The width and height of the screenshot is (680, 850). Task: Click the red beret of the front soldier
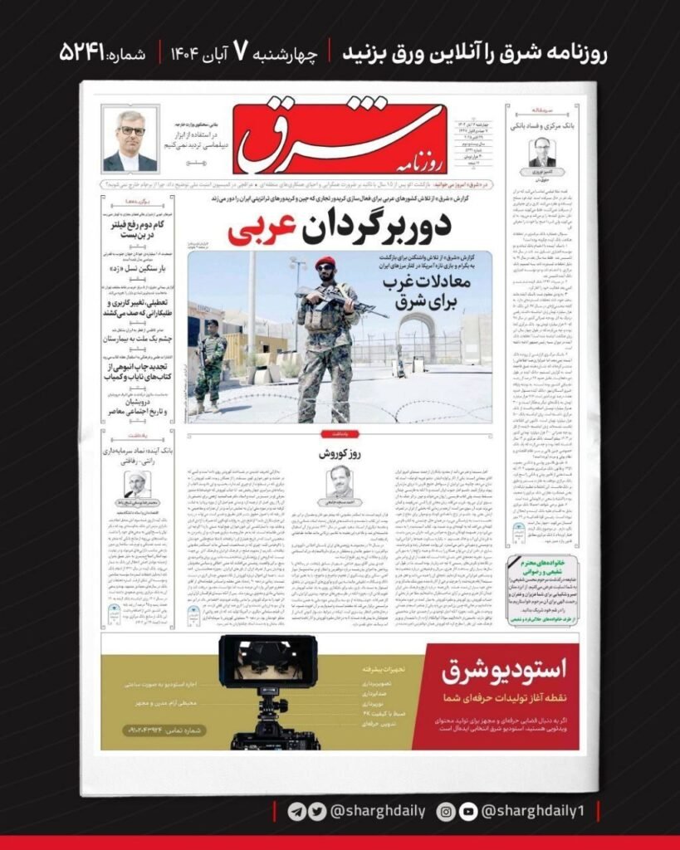(325, 263)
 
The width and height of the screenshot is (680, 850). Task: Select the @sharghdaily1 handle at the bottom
(532, 811)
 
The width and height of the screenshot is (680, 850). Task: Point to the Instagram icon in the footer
(445, 811)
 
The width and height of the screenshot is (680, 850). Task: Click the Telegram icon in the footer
(296, 811)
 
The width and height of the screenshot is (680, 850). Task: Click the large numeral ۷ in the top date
(240, 52)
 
